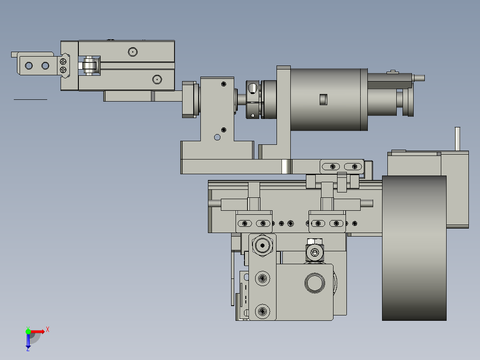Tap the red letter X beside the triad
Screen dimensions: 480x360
48,330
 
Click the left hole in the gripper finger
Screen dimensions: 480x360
29,65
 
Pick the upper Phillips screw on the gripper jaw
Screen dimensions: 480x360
63,62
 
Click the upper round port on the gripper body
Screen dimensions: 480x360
133,52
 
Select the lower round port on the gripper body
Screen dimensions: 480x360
157,80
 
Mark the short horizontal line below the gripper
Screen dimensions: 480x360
30,99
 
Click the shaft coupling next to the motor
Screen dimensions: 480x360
253,99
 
